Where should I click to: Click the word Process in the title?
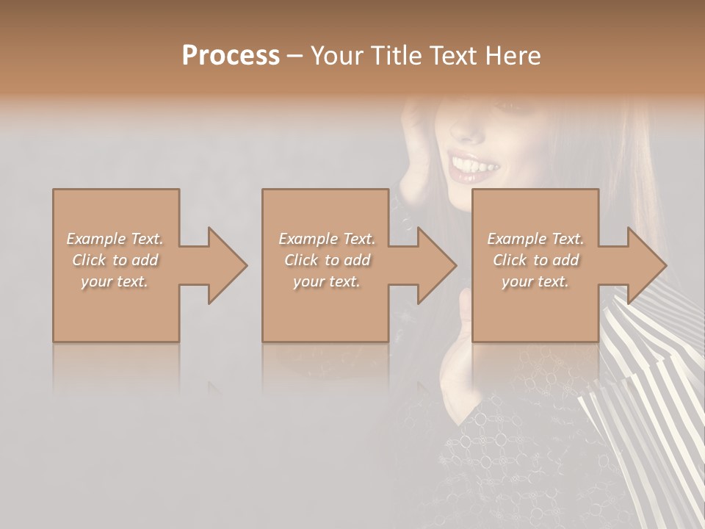[231, 56]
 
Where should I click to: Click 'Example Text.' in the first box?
[115, 239]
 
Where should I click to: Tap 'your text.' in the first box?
[115, 281]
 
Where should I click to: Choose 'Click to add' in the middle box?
[327, 260]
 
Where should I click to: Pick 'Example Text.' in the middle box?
[327, 239]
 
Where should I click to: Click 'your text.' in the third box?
[535, 281]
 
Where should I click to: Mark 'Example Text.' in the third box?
[535, 239]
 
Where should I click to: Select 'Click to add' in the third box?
[535, 260]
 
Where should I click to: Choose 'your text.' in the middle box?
[327, 281]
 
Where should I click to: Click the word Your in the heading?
[336, 56]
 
